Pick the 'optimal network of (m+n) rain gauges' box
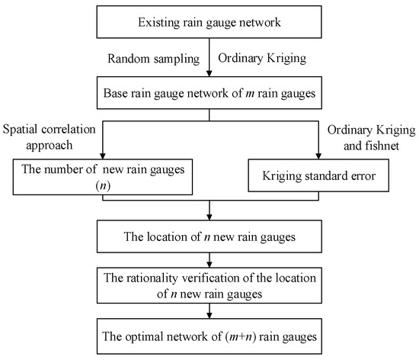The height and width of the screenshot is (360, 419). click(209, 333)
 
